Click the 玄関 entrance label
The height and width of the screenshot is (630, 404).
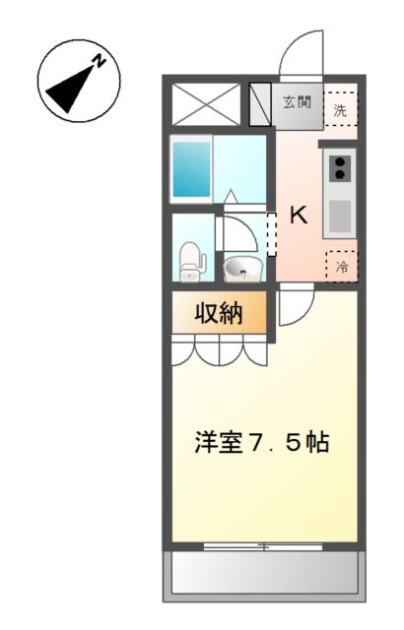(297, 102)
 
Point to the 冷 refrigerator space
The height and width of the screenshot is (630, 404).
(342, 266)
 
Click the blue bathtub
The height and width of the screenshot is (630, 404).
(192, 169)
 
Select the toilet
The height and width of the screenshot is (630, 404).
(190, 260)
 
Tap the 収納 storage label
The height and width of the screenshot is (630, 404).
(218, 314)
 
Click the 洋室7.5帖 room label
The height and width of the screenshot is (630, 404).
(261, 442)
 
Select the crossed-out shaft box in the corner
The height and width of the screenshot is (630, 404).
(206, 103)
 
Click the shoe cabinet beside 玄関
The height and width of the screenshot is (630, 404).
(261, 103)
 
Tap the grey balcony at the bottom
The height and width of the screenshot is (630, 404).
(263, 570)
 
